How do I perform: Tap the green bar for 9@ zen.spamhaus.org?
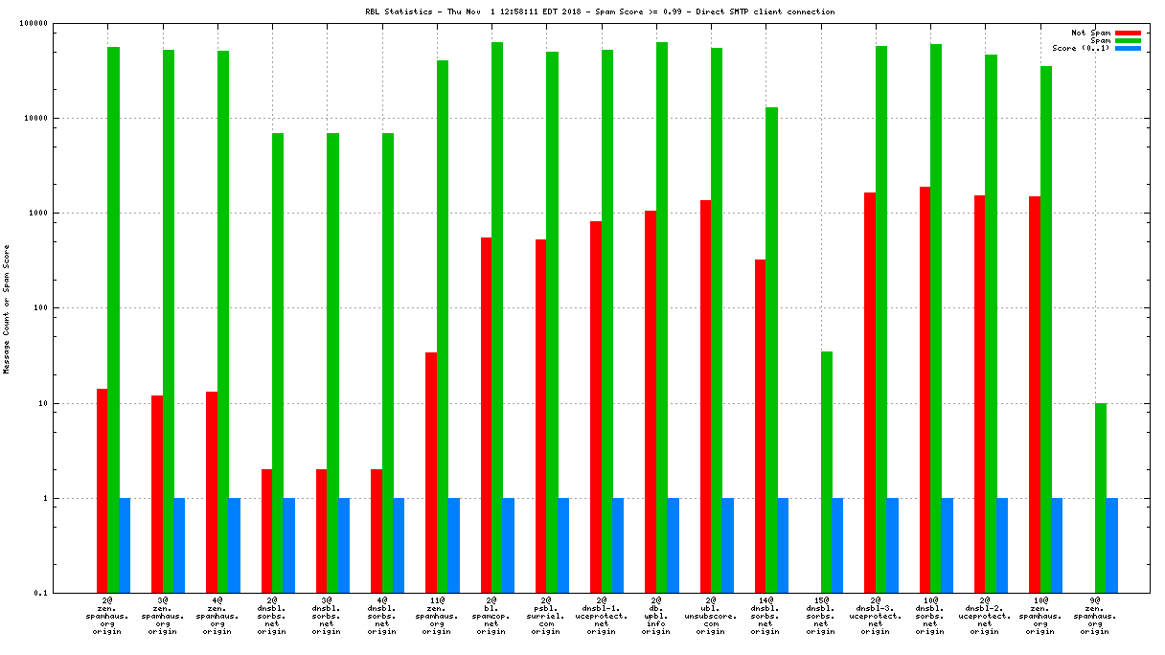pyautogui.click(x=1101, y=498)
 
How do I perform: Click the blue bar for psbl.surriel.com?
pyautogui.click(x=563, y=545)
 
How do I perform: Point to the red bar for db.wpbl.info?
pyautogui.click(x=651, y=401)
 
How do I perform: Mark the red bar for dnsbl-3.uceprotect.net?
pyautogui.click(x=870, y=393)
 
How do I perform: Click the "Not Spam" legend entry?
pyautogui.click(x=1091, y=33)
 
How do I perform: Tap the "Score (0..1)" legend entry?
pyautogui.click(x=1082, y=48)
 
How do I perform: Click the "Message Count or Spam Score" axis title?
pyautogui.click(x=7, y=308)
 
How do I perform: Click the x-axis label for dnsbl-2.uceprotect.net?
pyautogui.click(x=985, y=615)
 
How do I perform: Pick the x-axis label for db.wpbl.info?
pyautogui.click(x=656, y=615)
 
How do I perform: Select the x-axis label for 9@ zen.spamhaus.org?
pyautogui.click(x=1095, y=615)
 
